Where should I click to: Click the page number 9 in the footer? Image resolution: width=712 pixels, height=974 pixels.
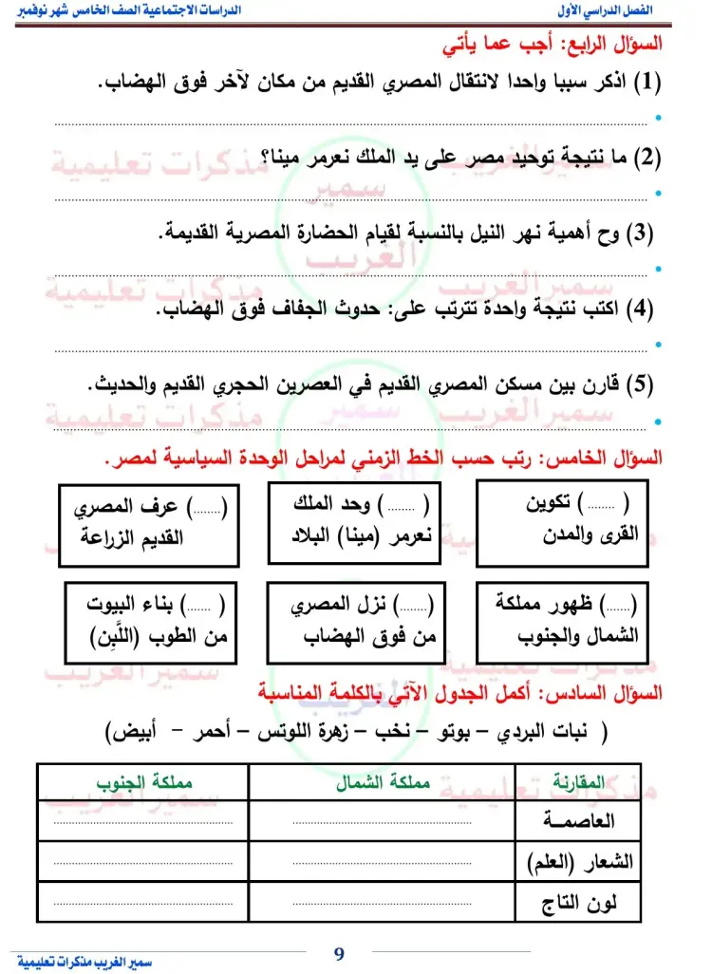pos(339,953)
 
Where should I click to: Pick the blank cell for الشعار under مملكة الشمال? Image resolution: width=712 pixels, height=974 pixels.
pos(380,861)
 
